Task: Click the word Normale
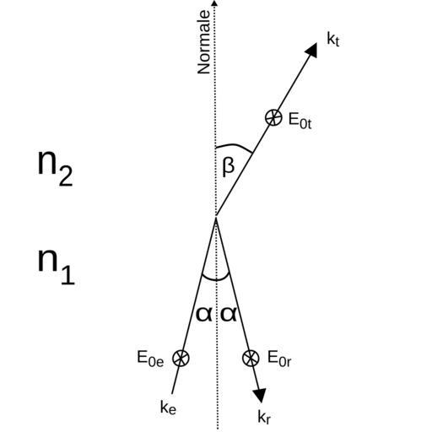coord(204,42)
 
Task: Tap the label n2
coord(56,168)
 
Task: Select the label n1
coord(57,267)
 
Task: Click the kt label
coord(333,39)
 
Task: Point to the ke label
coord(168,407)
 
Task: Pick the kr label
coord(264,417)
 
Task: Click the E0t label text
coord(300,121)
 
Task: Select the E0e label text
coord(150,359)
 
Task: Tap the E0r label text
coord(279,359)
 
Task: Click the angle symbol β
coord(228,167)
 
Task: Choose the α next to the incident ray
coord(204,315)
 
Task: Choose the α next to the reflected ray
coord(229,315)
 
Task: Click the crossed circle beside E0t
coord(273,117)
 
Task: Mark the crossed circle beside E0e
coord(181,358)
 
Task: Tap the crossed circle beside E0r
coord(251,358)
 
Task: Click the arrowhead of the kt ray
coord(310,51)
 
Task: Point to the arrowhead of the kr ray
coord(260,395)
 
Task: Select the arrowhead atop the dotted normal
coord(214,3)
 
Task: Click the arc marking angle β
coord(234,146)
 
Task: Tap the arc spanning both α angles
coord(216,280)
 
